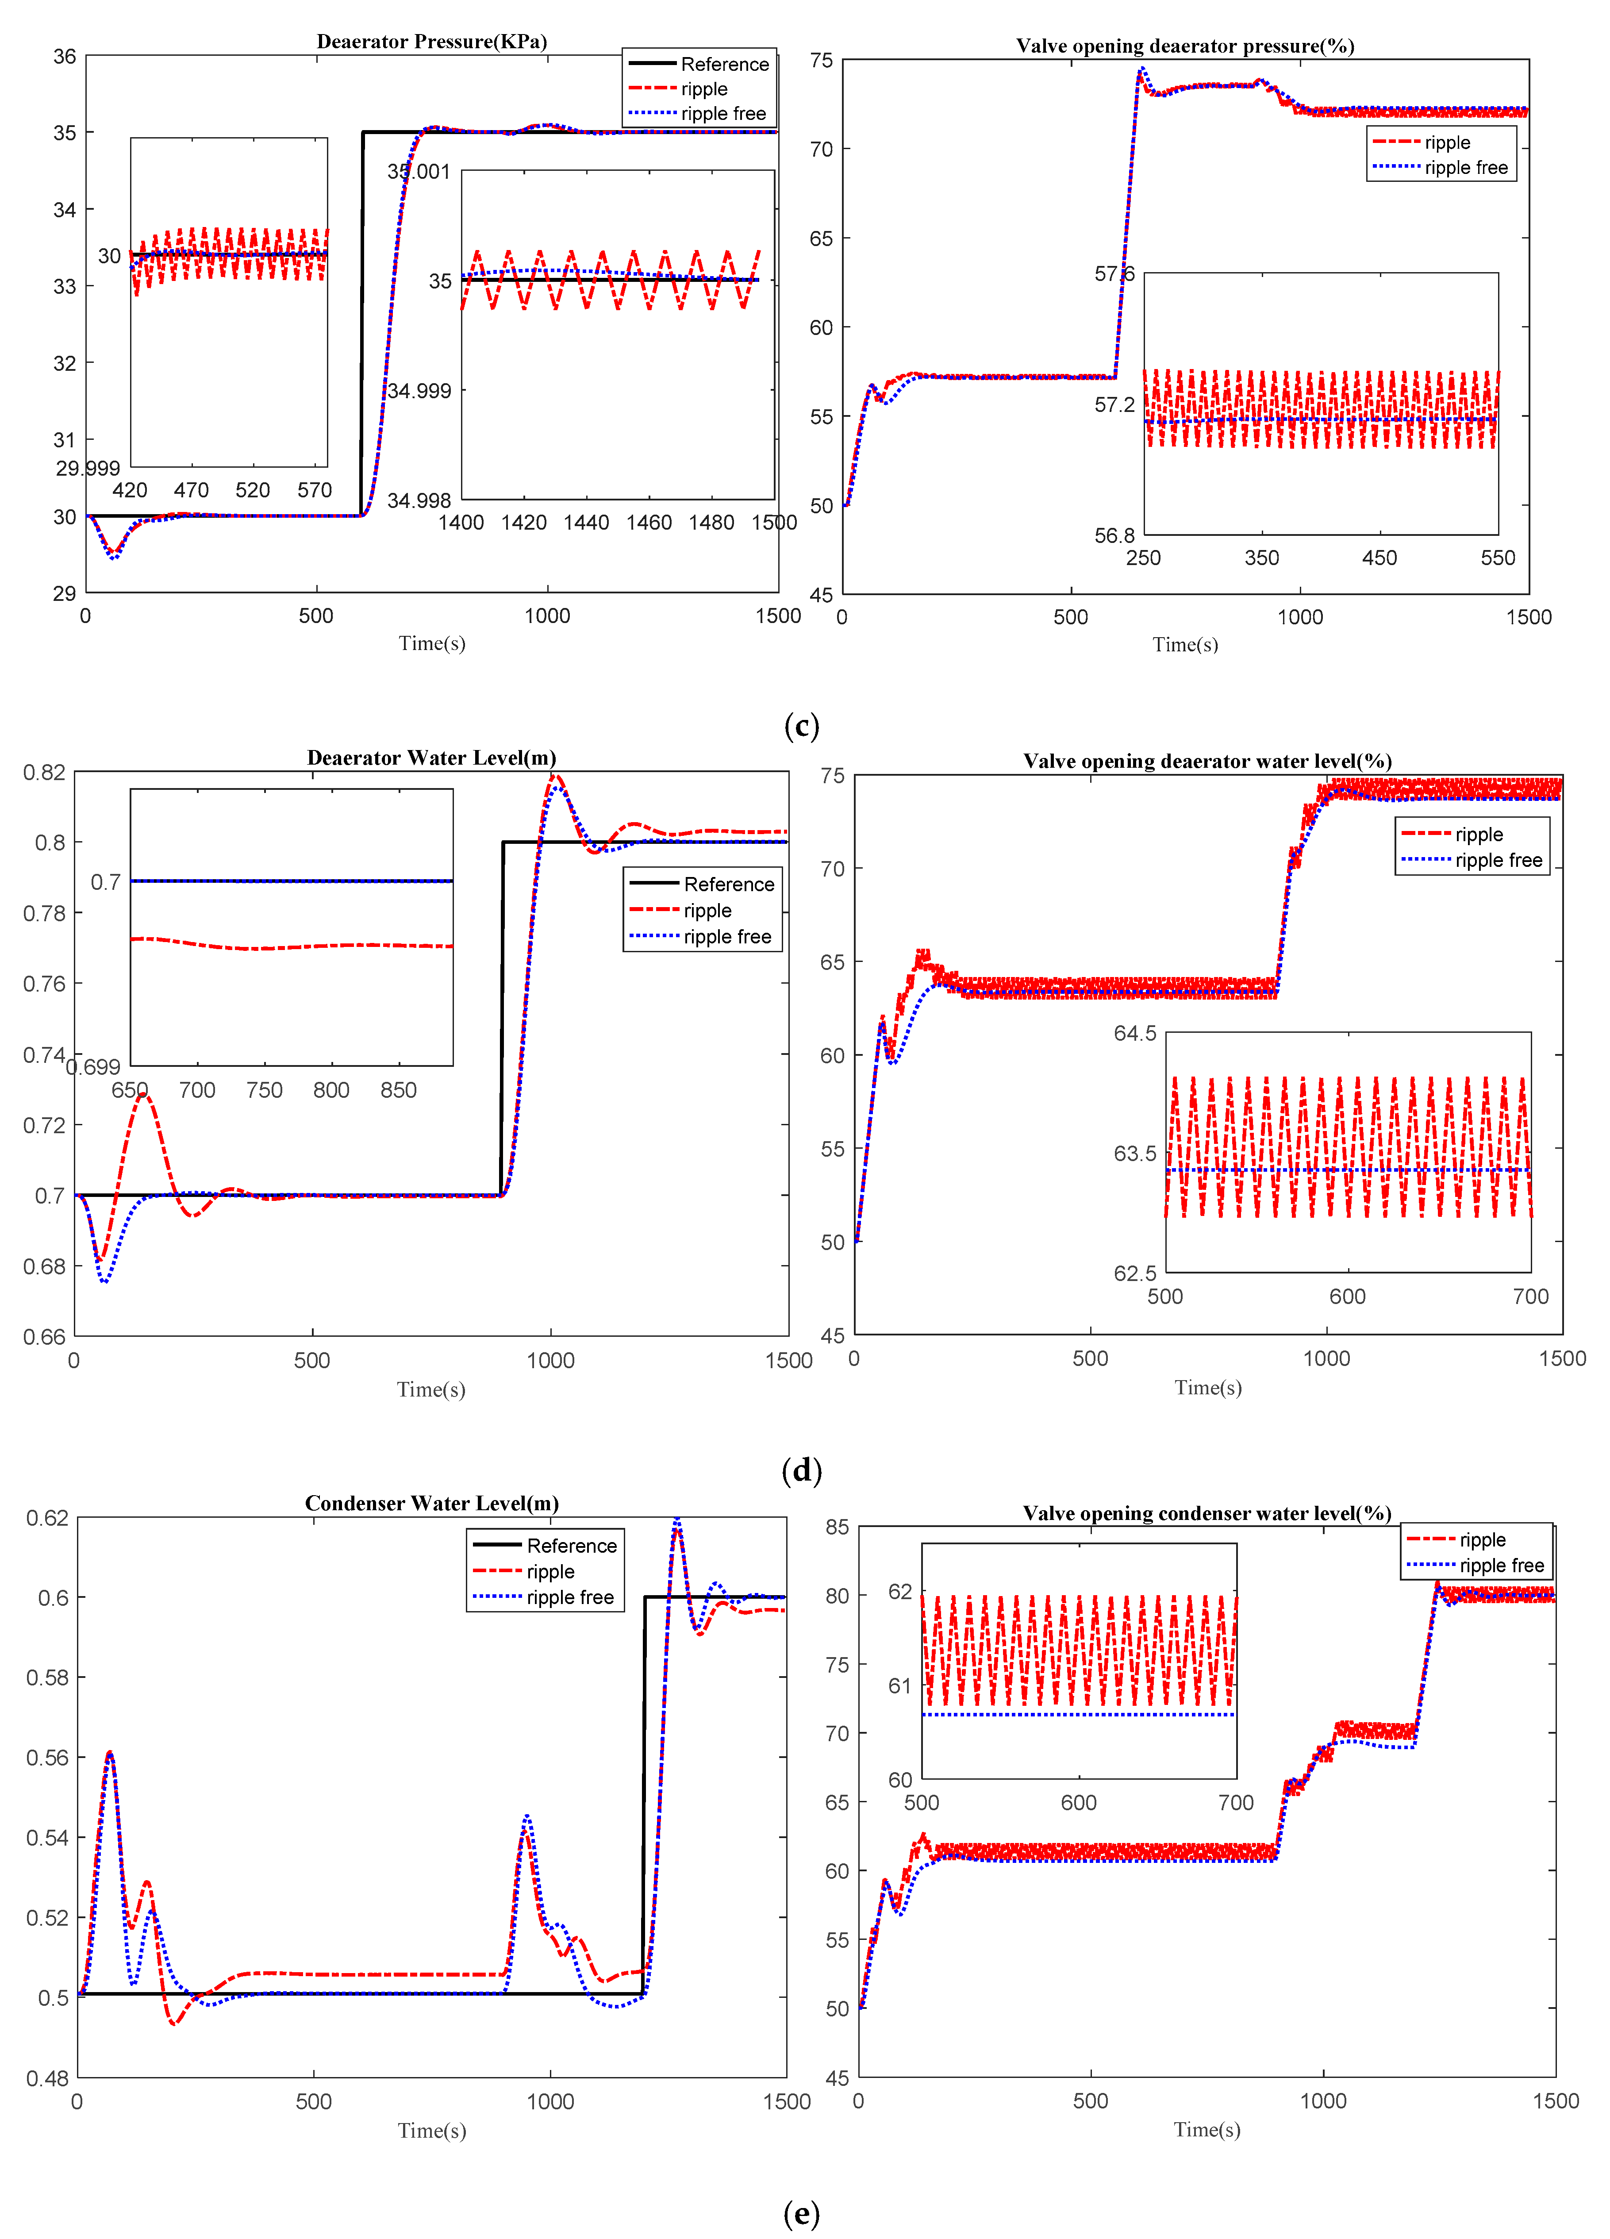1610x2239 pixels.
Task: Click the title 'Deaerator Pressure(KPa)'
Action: (431, 42)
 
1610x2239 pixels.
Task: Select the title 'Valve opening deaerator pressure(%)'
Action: (1184, 46)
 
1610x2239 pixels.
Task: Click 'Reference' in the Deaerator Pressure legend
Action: (725, 64)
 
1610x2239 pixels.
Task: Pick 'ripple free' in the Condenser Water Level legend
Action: (569, 1597)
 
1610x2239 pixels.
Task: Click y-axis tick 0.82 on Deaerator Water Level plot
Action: (44, 772)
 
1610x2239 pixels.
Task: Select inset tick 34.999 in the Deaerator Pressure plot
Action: (419, 391)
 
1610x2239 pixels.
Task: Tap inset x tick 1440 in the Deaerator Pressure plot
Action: (586, 522)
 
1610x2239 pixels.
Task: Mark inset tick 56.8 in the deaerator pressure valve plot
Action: (1114, 536)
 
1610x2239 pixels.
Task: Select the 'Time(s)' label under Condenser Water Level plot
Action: (431, 2131)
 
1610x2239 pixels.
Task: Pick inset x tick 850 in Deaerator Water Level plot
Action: (399, 1090)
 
